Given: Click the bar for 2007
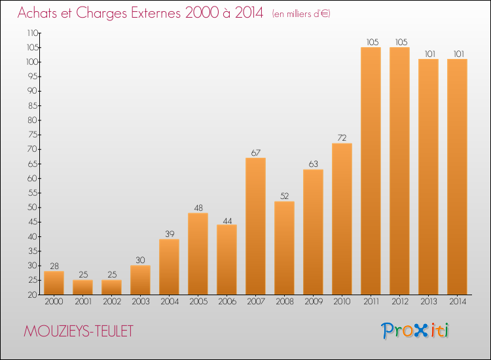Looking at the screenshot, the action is (255, 226).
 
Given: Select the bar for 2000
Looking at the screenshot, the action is (54, 283).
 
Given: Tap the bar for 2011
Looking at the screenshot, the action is (371, 171).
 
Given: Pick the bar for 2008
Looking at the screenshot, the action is (284, 248).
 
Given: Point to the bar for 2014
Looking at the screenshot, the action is (457, 177).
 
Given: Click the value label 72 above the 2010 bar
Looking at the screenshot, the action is (342, 137).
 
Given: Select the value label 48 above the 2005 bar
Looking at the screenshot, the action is (198, 207).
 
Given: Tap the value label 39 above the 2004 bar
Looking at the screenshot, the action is (170, 234).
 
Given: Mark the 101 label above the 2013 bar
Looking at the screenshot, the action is (430, 54).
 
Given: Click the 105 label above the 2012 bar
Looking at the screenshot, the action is (401, 42).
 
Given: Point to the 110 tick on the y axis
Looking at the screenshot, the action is (33, 33).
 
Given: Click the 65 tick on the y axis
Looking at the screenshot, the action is (33, 164).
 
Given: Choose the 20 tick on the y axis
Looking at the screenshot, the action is (33, 295).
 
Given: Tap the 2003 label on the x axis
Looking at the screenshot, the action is (141, 302).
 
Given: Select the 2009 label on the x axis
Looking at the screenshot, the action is (314, 302).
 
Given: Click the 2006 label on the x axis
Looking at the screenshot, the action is (227, 302).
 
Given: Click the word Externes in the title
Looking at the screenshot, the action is (156, 13).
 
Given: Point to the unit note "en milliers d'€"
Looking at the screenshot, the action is (301, 14).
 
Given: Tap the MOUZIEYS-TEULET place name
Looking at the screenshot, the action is (79, 331).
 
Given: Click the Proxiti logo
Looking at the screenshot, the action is (415, 331).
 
